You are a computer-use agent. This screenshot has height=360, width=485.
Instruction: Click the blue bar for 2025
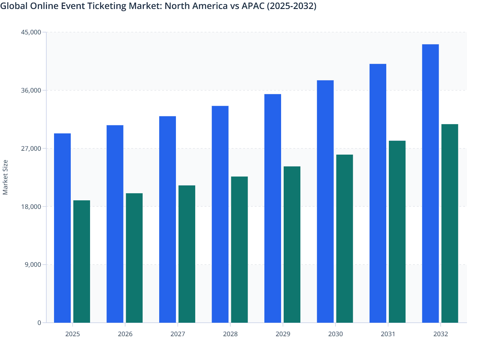(x=62, y=228)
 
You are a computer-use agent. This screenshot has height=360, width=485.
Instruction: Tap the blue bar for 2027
(x=168, y=219)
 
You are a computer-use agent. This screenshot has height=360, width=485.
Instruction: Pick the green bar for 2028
(x=239, y=249)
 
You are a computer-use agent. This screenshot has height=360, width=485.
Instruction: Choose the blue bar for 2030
(x=325, y=201)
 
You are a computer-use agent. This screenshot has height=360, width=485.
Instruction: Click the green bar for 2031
(x=397, y=231)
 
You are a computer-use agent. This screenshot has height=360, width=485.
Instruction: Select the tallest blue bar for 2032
(x=430, y=183)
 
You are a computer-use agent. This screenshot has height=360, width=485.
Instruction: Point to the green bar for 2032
(x=450, y=223)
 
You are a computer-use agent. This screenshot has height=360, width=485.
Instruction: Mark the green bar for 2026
(x=134, y=258)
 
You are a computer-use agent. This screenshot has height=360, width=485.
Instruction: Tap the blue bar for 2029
(x=273, y=208)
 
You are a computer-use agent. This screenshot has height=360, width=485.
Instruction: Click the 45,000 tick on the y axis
(x=31, y=32)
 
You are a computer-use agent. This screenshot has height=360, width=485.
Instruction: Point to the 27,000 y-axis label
(x=31, y=148)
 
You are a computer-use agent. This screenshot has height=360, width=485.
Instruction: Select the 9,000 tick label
(x=33, y=265)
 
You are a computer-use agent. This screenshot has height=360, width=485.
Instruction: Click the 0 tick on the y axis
(x=39, y=323)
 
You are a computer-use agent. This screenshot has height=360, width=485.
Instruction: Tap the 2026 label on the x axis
(x=125, y=334)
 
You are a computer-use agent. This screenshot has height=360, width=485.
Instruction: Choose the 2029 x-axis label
(x=283, y=334)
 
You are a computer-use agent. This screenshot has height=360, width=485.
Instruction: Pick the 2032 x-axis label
(x=441, y=334)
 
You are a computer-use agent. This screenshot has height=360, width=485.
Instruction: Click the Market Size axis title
(x=5, y=177)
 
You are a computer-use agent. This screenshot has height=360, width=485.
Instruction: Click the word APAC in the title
(x=253, y=6)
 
